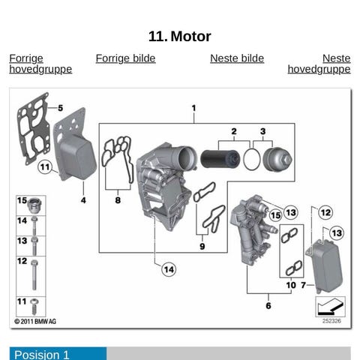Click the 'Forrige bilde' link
tap(125, 58)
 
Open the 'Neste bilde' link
tap(237, 58)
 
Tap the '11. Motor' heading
tap(180, 37)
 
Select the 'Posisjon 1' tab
tap(58, 353)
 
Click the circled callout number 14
tap(169, 269)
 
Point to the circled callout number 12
tap(325, 213)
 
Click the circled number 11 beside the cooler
tap(45, 167)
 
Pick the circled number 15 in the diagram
tap(275, 215)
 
